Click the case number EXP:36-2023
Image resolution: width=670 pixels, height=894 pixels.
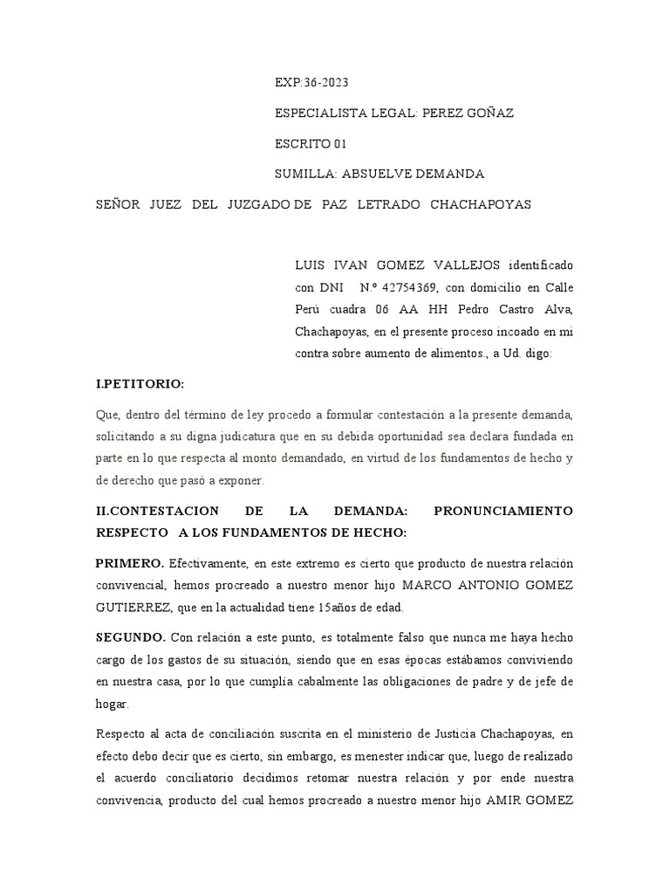tap(311, 83)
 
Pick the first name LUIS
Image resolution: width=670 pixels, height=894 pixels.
tap(311, 265)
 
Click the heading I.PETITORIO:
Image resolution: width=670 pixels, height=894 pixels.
tap(140, 384)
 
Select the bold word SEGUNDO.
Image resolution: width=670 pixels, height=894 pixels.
tap(132, 637)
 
